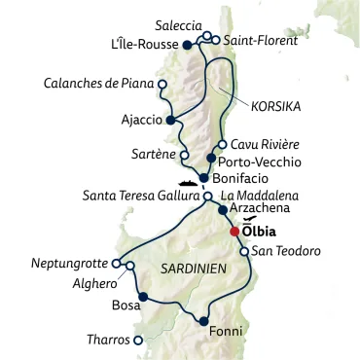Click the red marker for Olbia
(x=234, y=232)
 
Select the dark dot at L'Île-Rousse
(x=187, y=44)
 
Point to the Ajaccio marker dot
(x=169, y=122)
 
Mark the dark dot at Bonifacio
(x=203, y=177)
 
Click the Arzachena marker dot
(x=222, y=209)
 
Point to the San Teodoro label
(x=286, y=252)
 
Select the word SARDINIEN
(x=184, y=266)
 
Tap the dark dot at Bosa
(x=142, y=296)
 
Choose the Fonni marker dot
(x=203, y=320)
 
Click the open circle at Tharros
(x=138, y=341)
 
